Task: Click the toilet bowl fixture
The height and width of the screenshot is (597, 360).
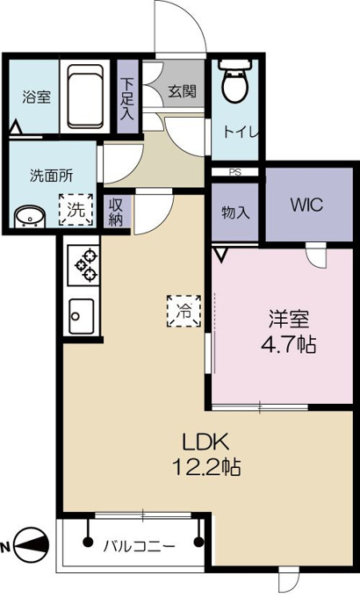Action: (x=234, y=81)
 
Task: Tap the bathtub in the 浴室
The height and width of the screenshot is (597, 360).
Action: (x=85, y=97)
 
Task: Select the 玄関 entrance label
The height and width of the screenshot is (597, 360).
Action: (x=183, y=91)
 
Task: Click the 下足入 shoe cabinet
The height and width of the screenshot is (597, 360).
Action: (x=127, y=97)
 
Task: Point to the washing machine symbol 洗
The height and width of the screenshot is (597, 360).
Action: (x=76, y=210)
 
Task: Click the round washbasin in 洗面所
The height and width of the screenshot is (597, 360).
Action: (x=30, y=218)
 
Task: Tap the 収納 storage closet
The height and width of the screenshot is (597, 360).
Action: (x=116, y=212)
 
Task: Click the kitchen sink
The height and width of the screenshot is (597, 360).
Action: (x=81, y=316)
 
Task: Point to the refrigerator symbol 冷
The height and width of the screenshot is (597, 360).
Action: (x=184, y=311)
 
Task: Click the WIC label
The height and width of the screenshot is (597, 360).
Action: (x=306, y=205)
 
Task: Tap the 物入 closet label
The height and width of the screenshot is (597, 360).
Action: (x=235, y=212)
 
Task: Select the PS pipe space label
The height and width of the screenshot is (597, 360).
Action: (x=235, y=172)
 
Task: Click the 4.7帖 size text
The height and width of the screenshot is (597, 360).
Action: (x=288, y=345)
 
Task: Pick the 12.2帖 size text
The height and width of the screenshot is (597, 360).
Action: (x=206, y=467)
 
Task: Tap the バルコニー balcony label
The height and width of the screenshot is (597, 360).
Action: (x=139, y=547)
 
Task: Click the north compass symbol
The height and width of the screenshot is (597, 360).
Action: (x=31, y=545)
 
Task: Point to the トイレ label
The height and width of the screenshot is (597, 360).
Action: (x=240, y=132)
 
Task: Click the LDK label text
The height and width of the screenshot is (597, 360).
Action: (x=205, y=442)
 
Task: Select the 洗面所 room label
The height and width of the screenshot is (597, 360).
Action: (x=52, y=176)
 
